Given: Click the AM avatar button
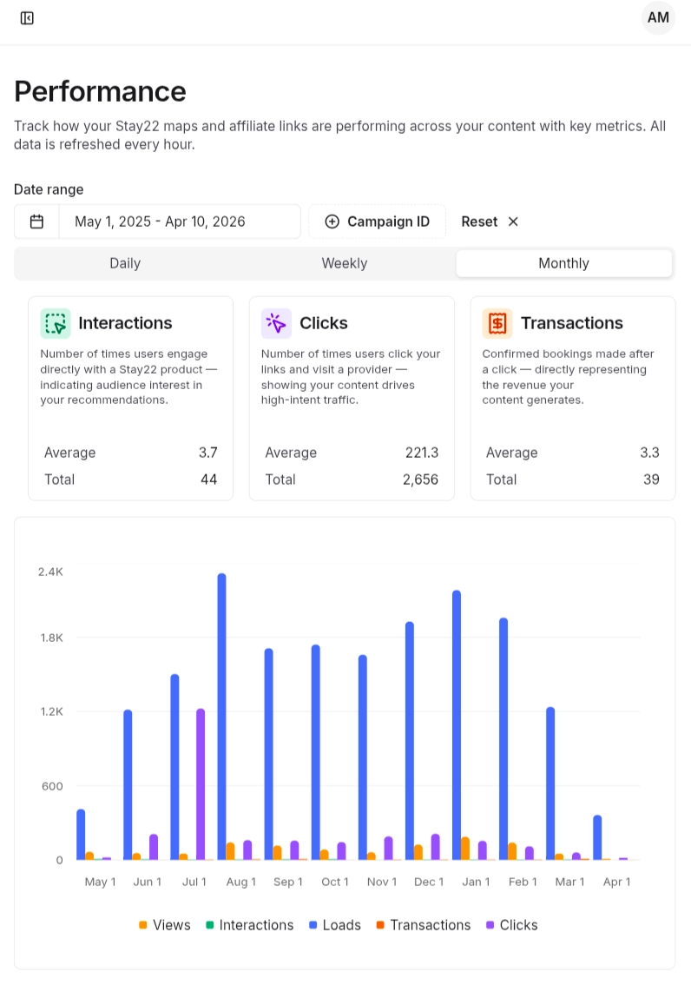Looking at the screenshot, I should pyautogui.click(x=658, y=18).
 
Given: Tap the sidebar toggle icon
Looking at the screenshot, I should pyautogui.click(x=27, y=18).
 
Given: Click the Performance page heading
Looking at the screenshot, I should pyautogui.click(x=100, y=91).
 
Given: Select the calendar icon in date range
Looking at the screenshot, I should pyautogui.click(x=36, y=221).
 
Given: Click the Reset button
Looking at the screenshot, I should pyautogui.click(x=490, y=221).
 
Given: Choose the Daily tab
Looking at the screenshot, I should pyautogui.click(x=125, y=263).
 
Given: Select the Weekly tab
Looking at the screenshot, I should pyautogui.click(x=345, y=263).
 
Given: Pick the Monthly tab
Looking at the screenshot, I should pyautogui.click(x=563, y=263).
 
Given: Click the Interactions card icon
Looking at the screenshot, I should pyautogui.click(x=56, y=323).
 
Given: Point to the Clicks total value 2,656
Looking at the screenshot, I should pyautogui.click(x=421, y=479).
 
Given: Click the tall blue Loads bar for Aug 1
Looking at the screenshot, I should pyautogui.click(x=222, y=717).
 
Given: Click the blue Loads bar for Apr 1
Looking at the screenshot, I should pyautogui.click(x=597, y=837).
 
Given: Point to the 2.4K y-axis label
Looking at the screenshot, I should pyautogui.click(x=50, y=572).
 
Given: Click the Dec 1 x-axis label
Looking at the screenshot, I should pyautogui.click(x=429, y=882).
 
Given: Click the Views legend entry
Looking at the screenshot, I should pyautogui.click(x=165, y=925).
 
